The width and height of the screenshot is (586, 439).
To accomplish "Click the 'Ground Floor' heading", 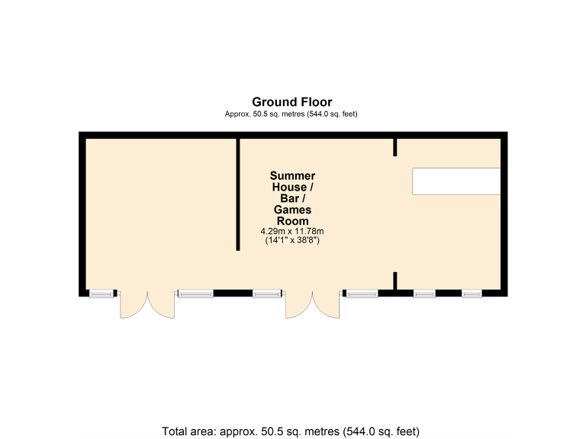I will click(x=292, y=101).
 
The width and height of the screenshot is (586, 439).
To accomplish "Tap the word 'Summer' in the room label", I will click(x=292, y=176).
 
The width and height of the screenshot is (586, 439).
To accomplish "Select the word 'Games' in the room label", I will click(x=292, y=210).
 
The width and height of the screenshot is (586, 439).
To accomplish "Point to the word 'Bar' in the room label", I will click(x=288, y=198).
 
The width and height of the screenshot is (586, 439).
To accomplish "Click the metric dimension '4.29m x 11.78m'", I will click(x=292, y=231).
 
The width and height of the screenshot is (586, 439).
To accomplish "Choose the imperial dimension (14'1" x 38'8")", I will click(x=292, y=240).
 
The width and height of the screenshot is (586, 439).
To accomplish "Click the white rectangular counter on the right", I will click(x=456, y=181).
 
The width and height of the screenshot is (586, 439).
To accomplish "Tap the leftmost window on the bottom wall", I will click(x=100, y=293).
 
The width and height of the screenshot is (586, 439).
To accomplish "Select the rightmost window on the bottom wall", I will click(x=471, y=293).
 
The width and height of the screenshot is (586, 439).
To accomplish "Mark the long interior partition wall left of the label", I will click(x=238, y=194).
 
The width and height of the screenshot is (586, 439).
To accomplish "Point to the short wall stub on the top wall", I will click(x=395, y=147).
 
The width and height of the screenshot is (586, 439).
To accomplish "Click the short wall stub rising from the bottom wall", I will click(x=395, y=280).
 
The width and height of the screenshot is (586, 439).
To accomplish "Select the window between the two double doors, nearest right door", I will click(x=267, y=293).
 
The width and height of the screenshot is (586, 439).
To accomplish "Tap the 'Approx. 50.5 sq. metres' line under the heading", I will click(x=292, y=114).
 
